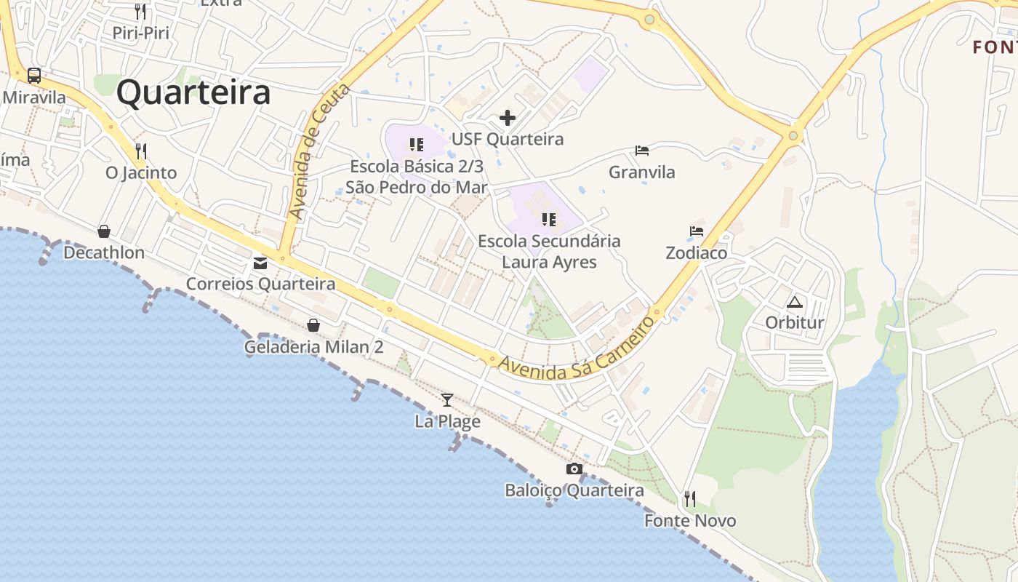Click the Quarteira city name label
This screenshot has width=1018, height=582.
193,93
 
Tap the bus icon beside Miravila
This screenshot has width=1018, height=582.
34,75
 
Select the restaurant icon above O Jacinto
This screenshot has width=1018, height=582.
141,151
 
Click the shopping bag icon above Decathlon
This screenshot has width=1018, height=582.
104,231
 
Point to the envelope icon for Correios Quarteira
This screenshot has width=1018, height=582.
260,263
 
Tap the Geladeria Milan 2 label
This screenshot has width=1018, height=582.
313,346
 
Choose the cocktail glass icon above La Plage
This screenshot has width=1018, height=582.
447,399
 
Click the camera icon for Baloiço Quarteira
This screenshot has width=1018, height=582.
574,469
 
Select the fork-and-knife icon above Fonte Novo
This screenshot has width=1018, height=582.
690,499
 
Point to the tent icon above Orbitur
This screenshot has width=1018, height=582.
795,302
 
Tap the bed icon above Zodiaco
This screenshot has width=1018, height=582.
697,231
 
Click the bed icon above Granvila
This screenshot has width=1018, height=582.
642,151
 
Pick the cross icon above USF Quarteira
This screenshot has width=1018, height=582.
508,118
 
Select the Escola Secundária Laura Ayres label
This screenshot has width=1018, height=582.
549,251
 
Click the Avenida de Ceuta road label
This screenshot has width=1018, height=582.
318,151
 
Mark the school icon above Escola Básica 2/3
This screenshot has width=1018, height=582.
416,145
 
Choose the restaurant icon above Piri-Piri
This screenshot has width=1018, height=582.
140,11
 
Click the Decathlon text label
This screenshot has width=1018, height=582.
104,252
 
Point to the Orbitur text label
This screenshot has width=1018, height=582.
795,322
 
